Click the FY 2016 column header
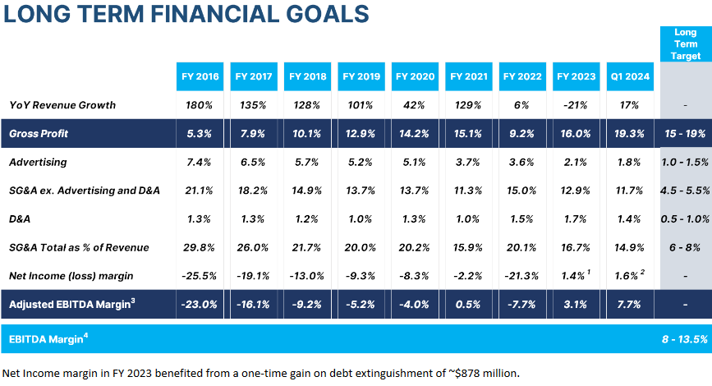point(199,76)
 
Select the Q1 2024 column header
point(629,76)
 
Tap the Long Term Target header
point(686,44)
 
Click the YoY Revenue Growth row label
point(62,105)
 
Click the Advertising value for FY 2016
point(199,163)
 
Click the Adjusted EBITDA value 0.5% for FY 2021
point(468,304)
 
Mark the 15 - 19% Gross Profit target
point(686,133)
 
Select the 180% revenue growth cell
point(199,105)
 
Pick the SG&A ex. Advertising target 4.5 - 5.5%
point(686,191)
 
